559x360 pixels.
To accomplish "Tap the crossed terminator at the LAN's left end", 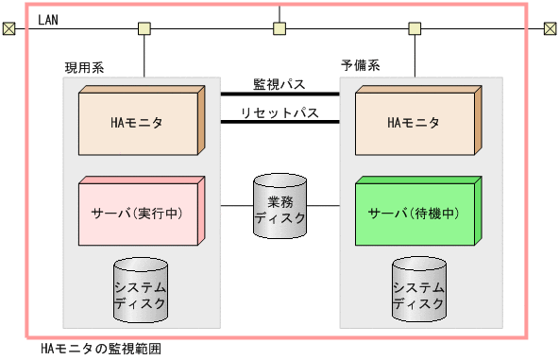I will pyautogui.click(x=8, y=28).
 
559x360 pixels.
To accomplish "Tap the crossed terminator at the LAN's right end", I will pyautogui.click(x=550, y=28).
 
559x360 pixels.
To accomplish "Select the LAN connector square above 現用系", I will pyautogui.click(x=144, y=28).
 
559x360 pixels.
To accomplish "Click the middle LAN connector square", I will pyautogui.click(x=279, y=28).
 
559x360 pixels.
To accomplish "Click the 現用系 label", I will pyautogui.click(x=83, y=67).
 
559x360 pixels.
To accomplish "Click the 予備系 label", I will pyautogui.click(x=360, y=65).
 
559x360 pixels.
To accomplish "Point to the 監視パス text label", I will pyautogui.click(x=279, y=84).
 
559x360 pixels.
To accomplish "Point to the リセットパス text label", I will pyautogui.click(x=279, y=112).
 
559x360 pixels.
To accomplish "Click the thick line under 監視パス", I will pyautogui.click(x=279, y=94).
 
